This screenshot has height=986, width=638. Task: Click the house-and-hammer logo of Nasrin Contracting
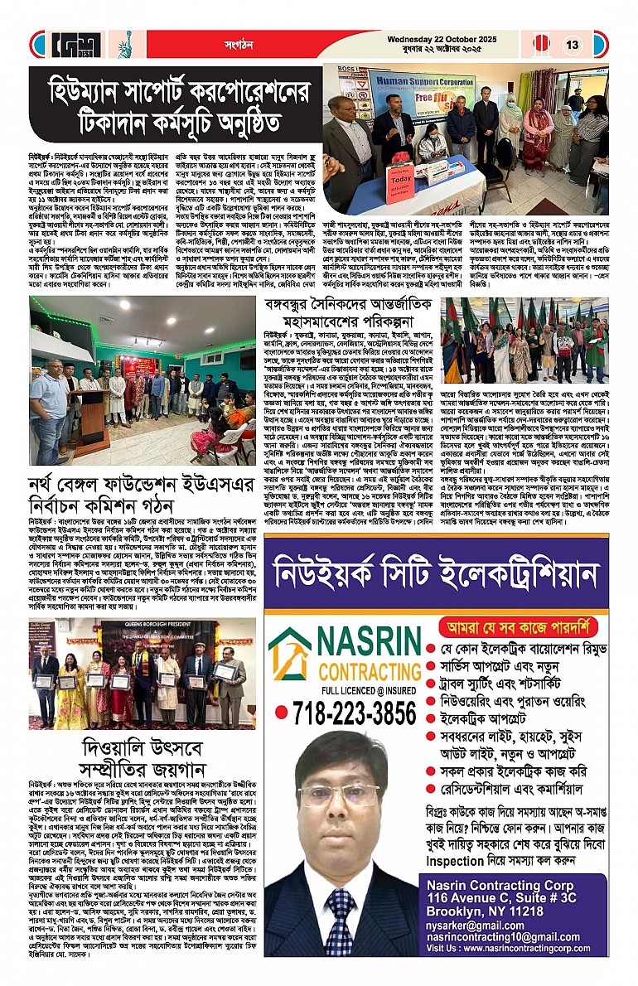coord(290,655)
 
